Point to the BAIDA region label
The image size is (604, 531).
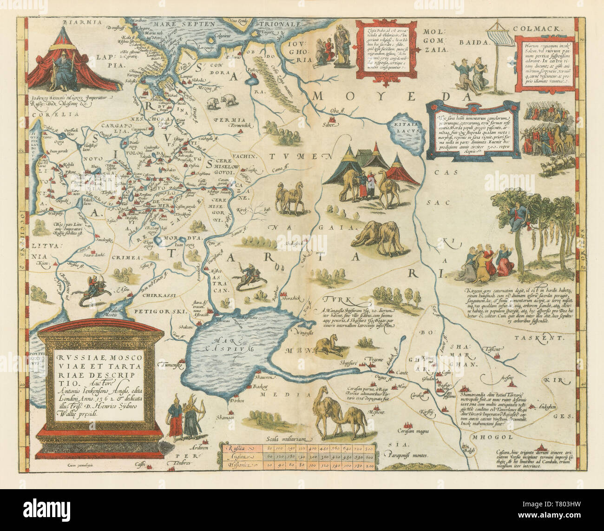coord(473,41)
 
